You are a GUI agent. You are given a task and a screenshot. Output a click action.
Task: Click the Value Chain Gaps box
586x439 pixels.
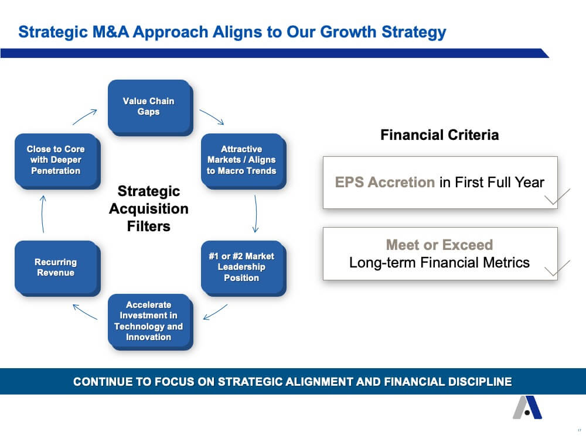150,108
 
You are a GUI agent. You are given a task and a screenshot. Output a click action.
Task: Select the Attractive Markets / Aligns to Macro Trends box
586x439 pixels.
243,161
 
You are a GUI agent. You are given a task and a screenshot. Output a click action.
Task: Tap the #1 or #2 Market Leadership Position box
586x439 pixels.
243,268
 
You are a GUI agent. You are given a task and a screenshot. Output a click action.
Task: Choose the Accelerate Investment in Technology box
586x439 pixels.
150,322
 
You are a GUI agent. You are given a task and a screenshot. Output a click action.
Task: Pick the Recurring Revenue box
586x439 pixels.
57,268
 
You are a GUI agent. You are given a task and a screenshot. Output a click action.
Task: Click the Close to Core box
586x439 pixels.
57,161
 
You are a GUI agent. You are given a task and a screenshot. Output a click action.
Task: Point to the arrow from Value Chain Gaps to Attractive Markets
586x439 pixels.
212,116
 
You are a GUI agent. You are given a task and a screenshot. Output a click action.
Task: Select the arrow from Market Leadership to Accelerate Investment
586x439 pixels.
215,312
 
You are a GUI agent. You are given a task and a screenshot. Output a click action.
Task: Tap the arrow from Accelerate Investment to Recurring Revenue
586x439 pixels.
85,312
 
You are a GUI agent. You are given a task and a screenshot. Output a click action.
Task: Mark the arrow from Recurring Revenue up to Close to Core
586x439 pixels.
42,214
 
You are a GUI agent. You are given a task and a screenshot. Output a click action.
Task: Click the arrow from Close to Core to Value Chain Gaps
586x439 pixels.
85,117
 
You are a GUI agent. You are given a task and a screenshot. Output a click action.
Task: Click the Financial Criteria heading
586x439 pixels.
439,135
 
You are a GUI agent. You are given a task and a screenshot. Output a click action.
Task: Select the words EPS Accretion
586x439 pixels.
385,182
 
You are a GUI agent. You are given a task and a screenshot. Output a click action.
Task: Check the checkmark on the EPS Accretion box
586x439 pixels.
557,197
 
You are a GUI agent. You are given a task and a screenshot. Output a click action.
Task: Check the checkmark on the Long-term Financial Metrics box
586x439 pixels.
557,268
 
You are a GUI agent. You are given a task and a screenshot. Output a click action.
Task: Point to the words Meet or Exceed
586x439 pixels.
439,245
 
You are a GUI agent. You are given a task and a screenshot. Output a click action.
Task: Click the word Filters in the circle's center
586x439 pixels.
149,226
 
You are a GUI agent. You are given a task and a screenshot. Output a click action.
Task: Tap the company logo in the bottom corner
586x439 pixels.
527,407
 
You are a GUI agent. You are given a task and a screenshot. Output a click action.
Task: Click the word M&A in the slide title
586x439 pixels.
111,32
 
